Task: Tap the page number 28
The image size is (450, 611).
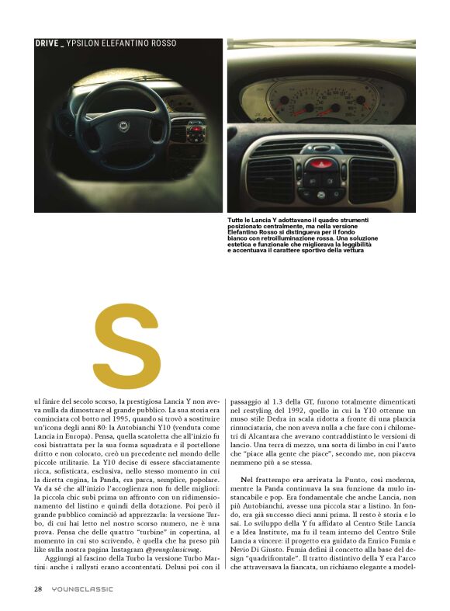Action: (37, 588)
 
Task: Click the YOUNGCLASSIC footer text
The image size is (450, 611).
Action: (82, 588)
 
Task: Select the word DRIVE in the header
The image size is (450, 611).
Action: (47, 43)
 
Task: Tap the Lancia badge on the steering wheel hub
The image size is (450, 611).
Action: (122, 125)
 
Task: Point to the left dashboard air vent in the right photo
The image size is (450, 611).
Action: (270, 179)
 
